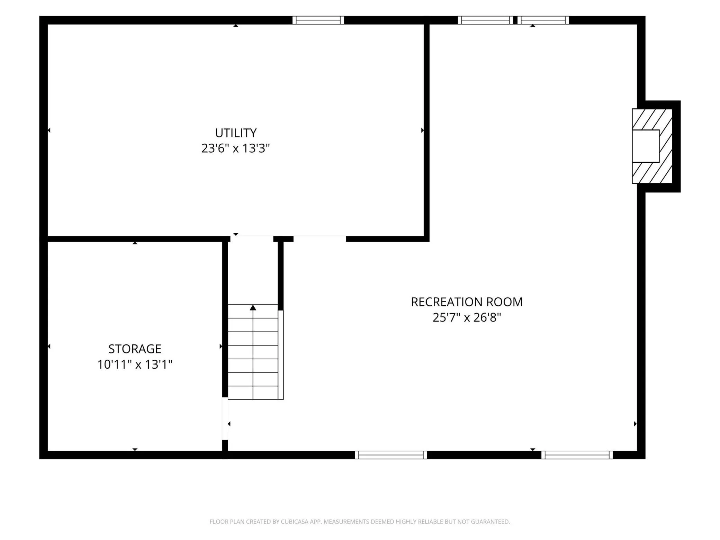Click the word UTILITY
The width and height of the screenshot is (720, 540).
tap(235, 133)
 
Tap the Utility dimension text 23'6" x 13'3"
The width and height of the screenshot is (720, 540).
tap(235, 148)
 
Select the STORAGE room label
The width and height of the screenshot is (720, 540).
tap(135, 349)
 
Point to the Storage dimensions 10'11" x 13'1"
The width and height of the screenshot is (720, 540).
tap(135, 364)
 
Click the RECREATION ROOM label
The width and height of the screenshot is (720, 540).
tap(467, 302)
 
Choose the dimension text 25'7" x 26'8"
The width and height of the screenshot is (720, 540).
tap(467, 317)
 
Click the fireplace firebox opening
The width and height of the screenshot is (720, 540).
tap(646, 146)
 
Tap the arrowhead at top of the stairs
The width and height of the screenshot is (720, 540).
tap(253, 307)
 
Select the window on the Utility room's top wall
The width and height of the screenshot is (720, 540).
tap(318, 20)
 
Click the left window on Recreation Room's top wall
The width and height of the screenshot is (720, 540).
tap(485, 20)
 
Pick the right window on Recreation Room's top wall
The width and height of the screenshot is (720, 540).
tap(543, 20)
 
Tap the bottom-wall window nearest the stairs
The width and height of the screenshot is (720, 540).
tap(391, 455)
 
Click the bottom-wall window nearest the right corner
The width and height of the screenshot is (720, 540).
tap(577, 455)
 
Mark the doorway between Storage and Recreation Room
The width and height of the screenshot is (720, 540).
tap(225, 418)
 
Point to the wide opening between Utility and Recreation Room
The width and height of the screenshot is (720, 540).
tap(320, 239)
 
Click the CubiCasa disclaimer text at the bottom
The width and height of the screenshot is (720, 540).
tap(360, 522)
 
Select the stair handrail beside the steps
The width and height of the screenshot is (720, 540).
tap(281, 355)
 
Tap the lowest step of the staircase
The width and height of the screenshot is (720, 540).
tap(253, 393)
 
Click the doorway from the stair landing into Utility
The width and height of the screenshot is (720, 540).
tap(252, 239)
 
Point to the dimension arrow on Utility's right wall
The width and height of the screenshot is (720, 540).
tap(422, 130)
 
